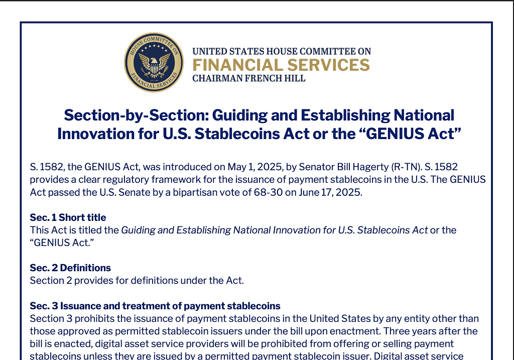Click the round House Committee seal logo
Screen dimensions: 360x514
pyautogui.click(x=154, y=63)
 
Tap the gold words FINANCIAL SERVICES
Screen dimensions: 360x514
pyautogui.click(x=281, y=65)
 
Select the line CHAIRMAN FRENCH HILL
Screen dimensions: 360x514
pyautogui.click(x=248, y=78)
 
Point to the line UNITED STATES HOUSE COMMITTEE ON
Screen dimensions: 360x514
pyautogui.click(x=282, y=51)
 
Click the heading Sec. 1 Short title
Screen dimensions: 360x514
pyautogui.click(x=68, y=217)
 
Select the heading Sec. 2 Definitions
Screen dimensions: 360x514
pyautogui.click(x=70, y=268)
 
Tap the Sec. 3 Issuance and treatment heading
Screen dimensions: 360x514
pyautogui.click(x=155, y=306)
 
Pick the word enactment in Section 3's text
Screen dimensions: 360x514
pyautogui.click(x=354, y=331)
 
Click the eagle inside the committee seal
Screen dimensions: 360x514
pyautogui.click(x=154, y=64)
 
